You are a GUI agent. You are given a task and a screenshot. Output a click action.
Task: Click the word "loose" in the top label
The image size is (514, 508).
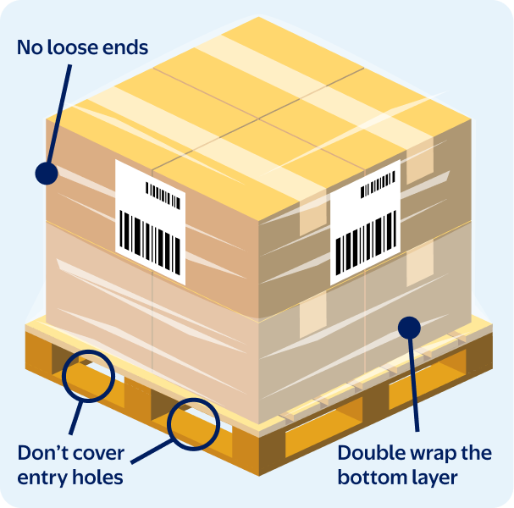(73, 47)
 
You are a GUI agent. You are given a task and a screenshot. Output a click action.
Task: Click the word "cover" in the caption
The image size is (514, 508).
(97, 455)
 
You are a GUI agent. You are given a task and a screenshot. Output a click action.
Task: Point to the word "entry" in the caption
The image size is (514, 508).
(42, 478)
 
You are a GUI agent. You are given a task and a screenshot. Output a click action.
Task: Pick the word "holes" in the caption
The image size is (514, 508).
(97, 477)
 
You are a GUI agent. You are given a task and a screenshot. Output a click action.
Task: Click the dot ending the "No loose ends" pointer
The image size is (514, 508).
(47, 173)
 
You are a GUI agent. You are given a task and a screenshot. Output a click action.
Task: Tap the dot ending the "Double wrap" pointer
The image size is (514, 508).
(409, 328)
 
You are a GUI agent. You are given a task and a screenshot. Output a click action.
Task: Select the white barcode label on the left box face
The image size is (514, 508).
(151, 223)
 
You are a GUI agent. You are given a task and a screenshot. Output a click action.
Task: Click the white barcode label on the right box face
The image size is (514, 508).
(365, 223)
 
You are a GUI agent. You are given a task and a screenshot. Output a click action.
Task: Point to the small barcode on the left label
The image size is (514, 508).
(163, 196)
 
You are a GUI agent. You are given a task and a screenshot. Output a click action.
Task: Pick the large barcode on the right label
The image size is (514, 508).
(366, 243)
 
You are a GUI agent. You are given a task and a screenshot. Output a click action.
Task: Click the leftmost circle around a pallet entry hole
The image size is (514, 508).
(89, 376)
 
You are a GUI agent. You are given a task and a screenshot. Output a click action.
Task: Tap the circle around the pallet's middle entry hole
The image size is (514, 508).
(193, 424)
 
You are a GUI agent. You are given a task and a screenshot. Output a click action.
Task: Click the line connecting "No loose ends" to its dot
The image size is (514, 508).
(59, 113)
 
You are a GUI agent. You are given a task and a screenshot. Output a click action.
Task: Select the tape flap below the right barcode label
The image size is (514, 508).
(313, 314)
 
